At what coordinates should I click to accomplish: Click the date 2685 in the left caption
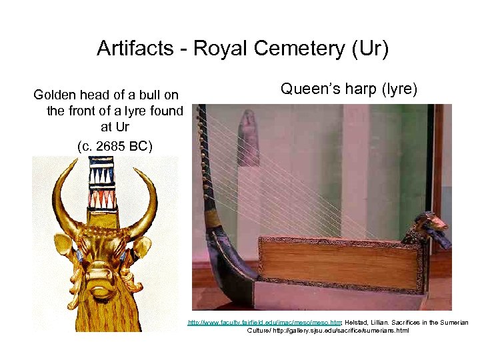click(x=109, y=145)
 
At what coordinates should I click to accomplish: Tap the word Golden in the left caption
click(x=56, y=95)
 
